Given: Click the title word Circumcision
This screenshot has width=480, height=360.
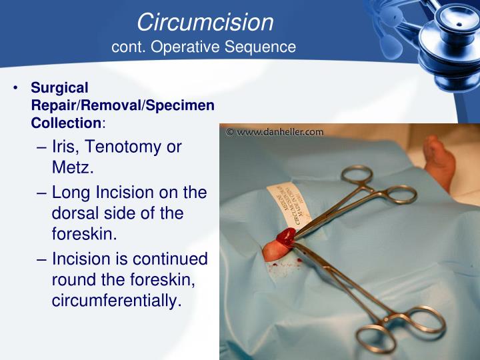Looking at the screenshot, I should click(x=205, y=22).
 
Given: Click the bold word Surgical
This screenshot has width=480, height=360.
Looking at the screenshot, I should click(x=59, y=88).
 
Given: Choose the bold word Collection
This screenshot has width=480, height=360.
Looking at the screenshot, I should click(x=65, y=123).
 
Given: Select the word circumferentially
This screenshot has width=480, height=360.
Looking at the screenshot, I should click(x=117, y=301).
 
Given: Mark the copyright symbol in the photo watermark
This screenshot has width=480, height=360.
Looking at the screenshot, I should click(x=230, y=132).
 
